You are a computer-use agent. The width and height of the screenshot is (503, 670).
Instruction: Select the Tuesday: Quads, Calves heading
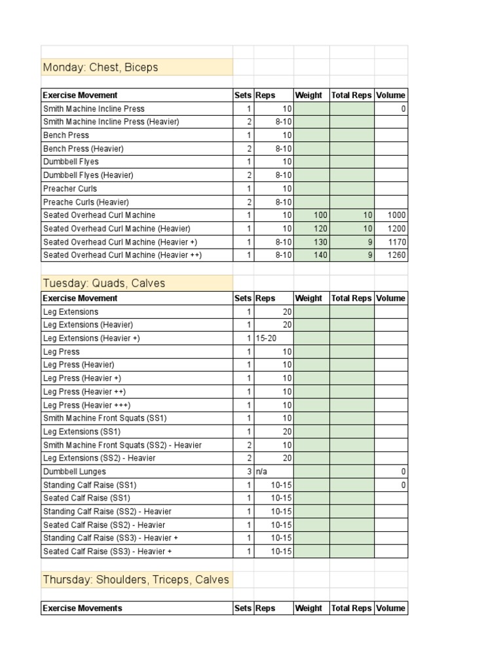click(104, 283)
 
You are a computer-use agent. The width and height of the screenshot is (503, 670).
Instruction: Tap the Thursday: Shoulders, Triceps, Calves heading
click(136, 580)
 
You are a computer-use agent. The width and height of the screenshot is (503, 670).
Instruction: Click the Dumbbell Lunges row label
click(74, 472)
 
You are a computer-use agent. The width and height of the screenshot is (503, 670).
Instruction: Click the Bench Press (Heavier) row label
click(83, 149)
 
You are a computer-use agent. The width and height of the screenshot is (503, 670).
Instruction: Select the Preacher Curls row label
click(70, 188)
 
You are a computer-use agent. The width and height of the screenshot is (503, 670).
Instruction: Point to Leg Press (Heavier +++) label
click(86, 405)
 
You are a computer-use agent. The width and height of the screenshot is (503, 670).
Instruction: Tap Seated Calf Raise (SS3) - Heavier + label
click(107, 552)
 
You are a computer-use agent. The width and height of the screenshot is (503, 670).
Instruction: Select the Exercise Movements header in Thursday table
click(83, 608)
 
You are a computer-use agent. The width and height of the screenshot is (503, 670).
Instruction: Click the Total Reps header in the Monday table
click(352, 96)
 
